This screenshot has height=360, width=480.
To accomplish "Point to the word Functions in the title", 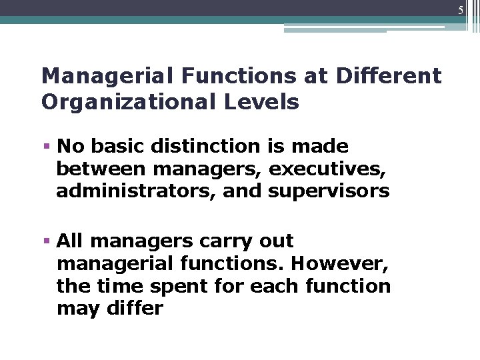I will [x=221, y=76].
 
